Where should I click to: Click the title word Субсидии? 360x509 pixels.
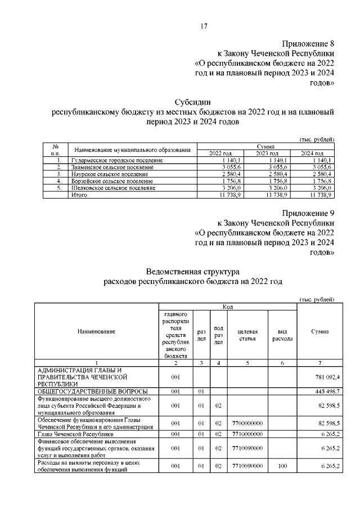click(193, 102)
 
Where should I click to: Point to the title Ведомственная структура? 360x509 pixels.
click(193, 271)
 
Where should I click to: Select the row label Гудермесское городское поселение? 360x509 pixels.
click(117, 160)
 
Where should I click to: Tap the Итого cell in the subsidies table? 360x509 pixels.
click(79, 194)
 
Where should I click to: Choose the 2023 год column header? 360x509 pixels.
click(268, 154)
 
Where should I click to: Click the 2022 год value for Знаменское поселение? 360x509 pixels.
click(216, 167)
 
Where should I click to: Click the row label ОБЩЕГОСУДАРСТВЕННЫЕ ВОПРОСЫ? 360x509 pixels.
click(92, 390)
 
